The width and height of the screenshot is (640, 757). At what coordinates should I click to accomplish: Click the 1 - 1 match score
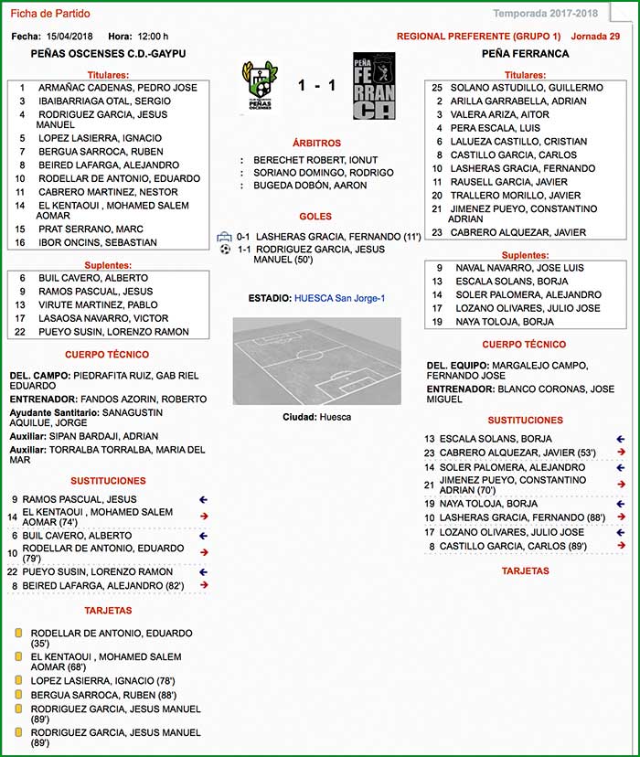(316, 86)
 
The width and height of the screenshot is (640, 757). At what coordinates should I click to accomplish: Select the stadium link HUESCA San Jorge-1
(339, 298)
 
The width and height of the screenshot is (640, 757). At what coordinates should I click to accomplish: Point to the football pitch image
(316, 360)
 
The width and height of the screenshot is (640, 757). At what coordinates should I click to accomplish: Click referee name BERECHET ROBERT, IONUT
(315, 160)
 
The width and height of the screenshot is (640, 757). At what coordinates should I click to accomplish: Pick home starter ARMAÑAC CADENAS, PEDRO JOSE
(117, 88)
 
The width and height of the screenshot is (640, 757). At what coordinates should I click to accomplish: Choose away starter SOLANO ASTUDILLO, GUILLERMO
(527, 88)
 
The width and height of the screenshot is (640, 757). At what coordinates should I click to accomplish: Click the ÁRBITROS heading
(316, 144)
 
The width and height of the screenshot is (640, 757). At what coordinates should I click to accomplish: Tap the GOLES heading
(315, 218)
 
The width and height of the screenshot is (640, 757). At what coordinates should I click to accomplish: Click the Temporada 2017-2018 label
(545, 13)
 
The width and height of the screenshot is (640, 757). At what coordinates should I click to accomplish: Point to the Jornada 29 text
(595, 37)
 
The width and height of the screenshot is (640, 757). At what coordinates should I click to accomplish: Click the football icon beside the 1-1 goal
(225, 249)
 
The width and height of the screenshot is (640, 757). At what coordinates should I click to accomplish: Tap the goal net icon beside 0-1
(225, 236)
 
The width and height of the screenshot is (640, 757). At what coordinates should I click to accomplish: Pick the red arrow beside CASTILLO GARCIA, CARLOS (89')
(622, 547)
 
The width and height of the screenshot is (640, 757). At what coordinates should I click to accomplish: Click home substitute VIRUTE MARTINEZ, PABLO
(98, 305)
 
